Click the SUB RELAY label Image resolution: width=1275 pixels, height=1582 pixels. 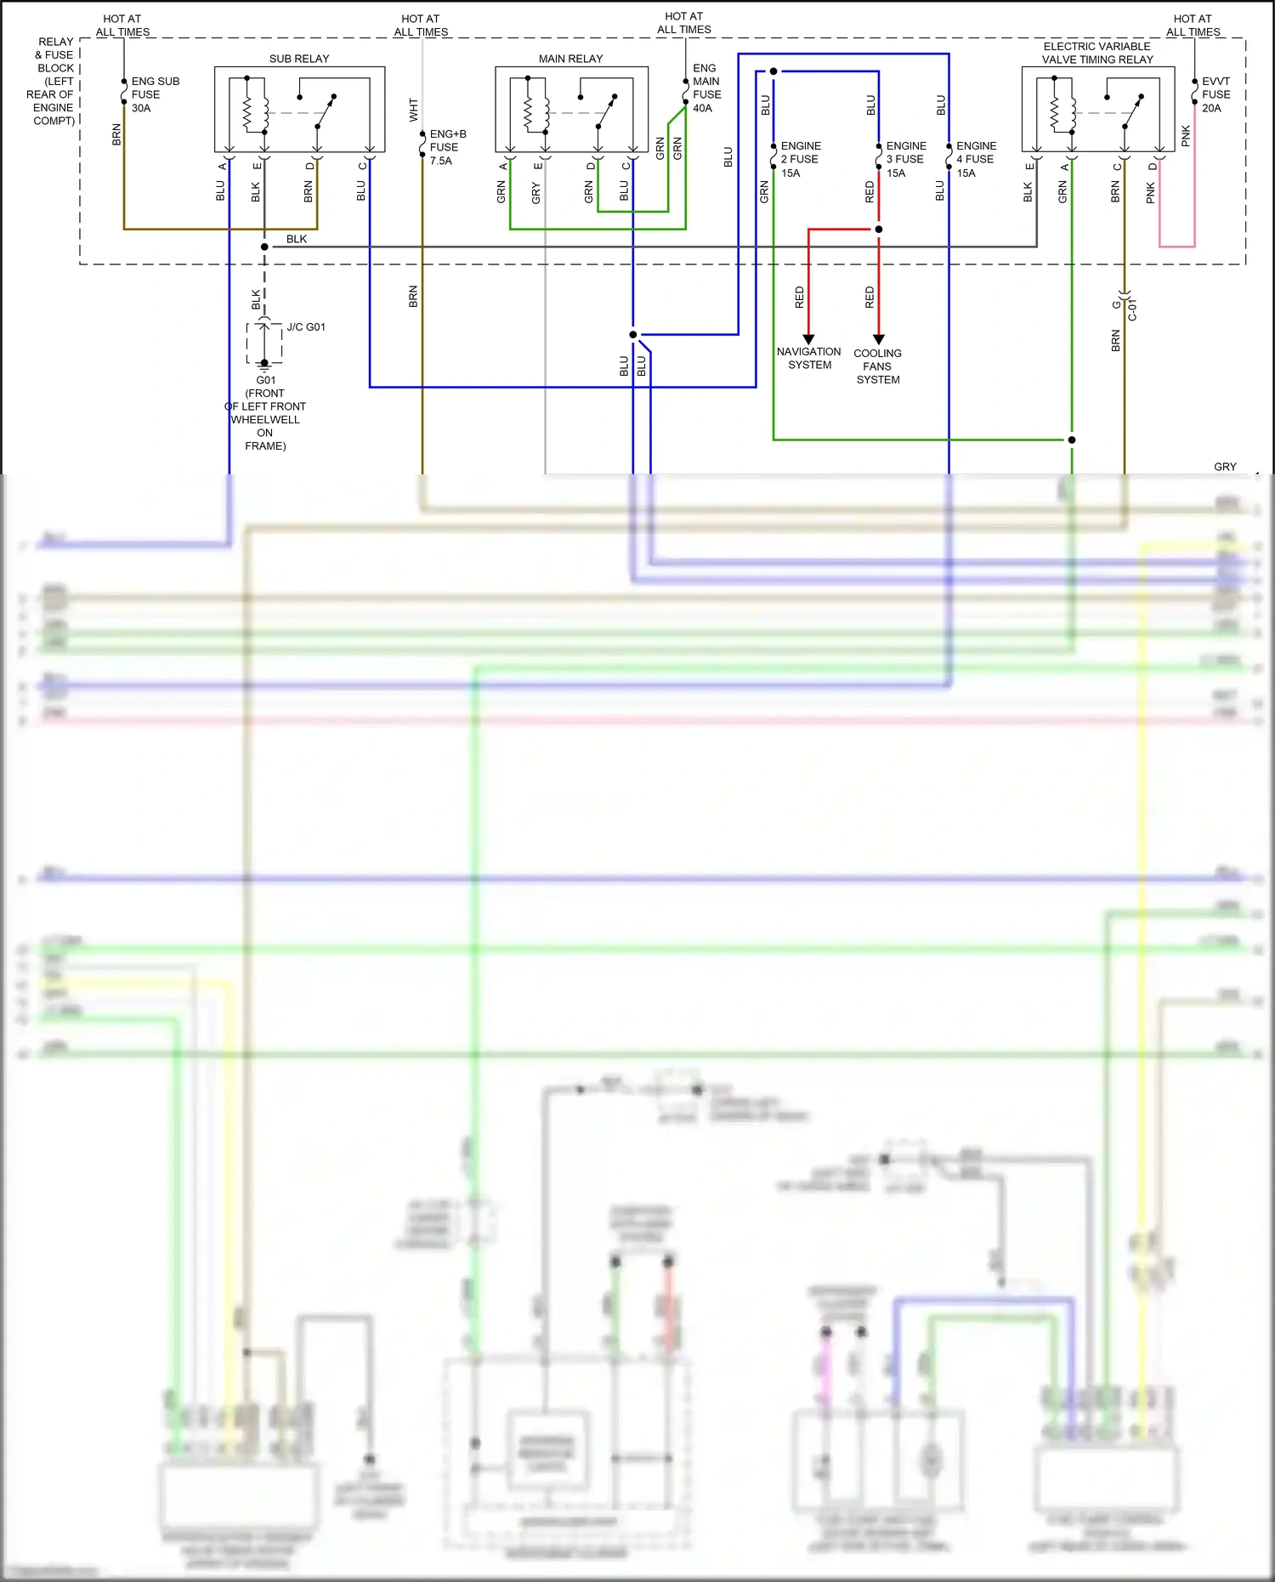pos(299,59)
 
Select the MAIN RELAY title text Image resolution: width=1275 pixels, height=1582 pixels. pos(570,59)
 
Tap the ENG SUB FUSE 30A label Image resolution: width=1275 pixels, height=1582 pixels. pos(155,94)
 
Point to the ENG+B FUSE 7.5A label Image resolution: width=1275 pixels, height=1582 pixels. pos(447,147)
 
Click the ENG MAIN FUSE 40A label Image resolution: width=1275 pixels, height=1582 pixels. pos(706,88)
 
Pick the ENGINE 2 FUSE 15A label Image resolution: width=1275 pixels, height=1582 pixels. pos(800,159)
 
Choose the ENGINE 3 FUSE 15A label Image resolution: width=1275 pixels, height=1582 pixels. pos(905,159)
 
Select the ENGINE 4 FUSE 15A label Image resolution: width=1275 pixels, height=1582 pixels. pos(976,159)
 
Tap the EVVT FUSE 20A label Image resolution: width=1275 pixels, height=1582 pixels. pos(1215,94)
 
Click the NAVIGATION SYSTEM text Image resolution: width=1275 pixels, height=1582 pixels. pos(808,358)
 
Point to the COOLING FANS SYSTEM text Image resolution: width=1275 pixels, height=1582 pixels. pos(878,366)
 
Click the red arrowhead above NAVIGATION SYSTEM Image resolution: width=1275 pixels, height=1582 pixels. pos(808,338)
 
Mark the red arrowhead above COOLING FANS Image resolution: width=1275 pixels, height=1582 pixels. pos(879,338)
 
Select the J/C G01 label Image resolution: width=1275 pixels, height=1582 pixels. pos(306,327)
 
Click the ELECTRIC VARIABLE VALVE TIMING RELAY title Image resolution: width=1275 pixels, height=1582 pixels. pos(1097,53)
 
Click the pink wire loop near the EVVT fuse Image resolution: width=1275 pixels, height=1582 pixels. pos(1177,246)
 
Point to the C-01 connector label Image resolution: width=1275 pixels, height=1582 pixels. pos(1132,310)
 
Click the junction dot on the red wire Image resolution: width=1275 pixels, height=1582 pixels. pos(879,230)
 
